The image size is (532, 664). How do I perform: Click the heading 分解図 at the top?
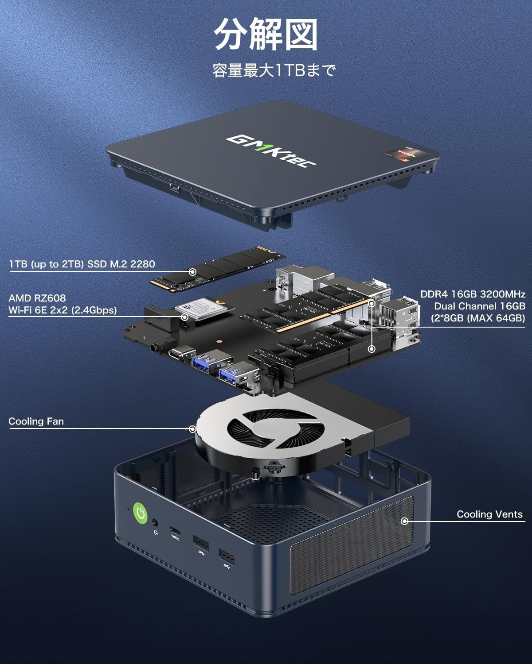pos(266,35)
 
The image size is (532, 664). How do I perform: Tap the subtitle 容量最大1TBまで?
pos(274,70)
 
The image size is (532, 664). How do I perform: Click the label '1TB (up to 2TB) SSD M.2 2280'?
pos(82,264)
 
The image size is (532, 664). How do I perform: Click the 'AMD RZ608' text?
pos(37,298)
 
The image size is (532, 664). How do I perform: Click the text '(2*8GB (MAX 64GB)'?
pos(478,318)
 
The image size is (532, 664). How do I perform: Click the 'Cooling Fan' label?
pos(36,421)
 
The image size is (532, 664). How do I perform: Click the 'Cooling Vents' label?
pos(489,514)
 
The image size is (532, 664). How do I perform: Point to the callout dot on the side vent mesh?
pos(404,521)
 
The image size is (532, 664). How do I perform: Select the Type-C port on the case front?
pos(175,531)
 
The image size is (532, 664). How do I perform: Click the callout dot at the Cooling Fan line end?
pos(192,429)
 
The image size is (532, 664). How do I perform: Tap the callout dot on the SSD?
pos(192,272)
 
